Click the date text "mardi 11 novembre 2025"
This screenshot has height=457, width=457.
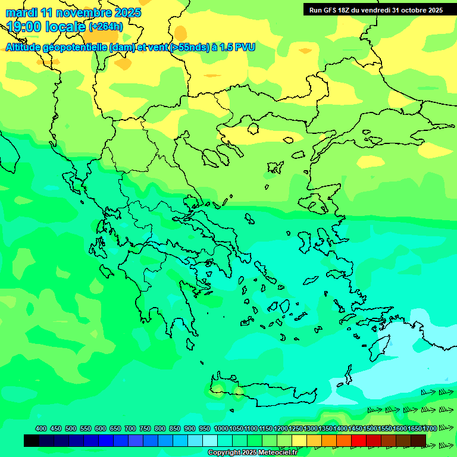[73, 12]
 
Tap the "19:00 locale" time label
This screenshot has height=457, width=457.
[46, 27]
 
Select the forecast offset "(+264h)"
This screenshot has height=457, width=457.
[106, 27]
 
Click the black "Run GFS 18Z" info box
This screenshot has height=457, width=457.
[375, 10]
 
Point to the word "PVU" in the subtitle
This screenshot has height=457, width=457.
[245, 47]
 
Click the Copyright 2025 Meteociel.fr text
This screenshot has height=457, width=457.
[261, 453]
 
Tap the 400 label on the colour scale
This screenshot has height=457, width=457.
[41, 428]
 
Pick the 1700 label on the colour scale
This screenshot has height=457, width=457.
[414, 428]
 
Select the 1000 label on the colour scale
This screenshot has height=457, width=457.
[221, 428]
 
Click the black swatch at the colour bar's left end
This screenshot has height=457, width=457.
[32, 440]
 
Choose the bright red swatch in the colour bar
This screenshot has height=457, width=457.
[358, 440]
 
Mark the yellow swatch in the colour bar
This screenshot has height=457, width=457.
[299, 440]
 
